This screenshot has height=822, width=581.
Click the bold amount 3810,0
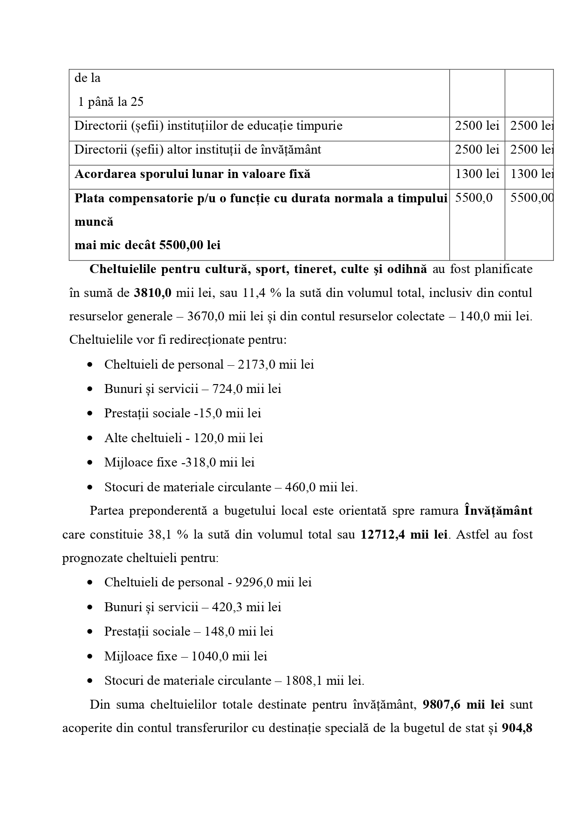click(153, 293)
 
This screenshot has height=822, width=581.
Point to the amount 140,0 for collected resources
click(476, 316)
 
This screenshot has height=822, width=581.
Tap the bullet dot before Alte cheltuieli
click(90, 438)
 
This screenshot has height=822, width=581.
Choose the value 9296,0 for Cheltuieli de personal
click(254, 582)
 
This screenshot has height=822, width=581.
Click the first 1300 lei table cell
click(477, 174)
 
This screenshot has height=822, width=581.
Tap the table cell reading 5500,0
click(474, 198)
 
